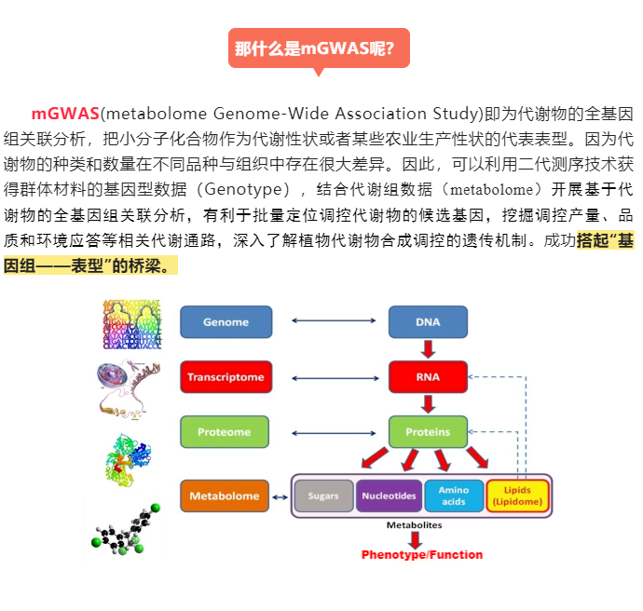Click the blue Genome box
[x=226, y=321]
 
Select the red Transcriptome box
[x=226, y=376]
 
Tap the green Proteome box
[x=225, y=432]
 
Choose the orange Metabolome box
[x=225, y=496]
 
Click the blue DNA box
[x=428, y=321]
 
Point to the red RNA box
[x=428, y=376]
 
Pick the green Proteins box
[x=428, y=432]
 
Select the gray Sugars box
[x=324, y=496]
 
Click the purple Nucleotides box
[x=389, y=496]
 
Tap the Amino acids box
[x=454, y=496]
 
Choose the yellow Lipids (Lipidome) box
[x=517, y=496]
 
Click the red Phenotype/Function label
[x=422, y=555]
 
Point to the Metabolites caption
[x=414, y=525]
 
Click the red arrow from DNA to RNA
[x=428, y=349]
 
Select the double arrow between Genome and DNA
[x=334, y=320]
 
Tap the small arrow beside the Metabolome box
[x=280, y=497]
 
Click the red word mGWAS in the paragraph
[x=65, y=114]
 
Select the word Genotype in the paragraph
[x=243, y=189]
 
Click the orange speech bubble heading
[x=319, y=48]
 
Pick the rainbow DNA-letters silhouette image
[x=132, y=324]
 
